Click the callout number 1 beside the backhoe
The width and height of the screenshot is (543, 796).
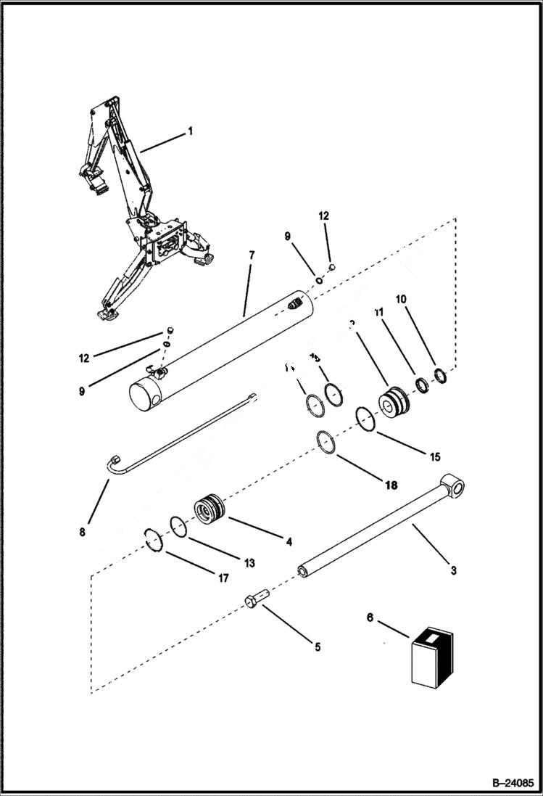point(190,131)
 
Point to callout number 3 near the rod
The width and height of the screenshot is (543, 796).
point(453,570)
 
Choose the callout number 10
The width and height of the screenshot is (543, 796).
point(401,299)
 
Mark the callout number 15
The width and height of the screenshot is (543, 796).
point(435,457)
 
